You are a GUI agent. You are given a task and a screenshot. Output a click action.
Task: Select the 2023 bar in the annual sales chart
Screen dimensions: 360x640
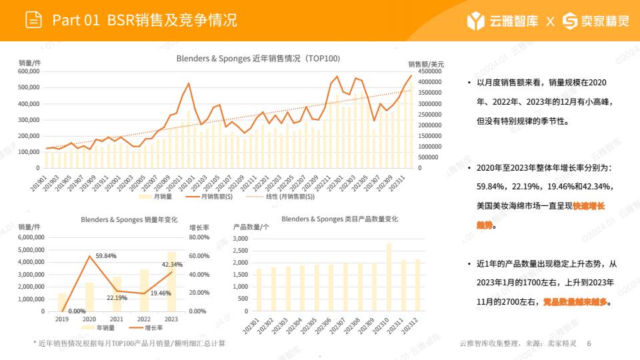coord(171,281)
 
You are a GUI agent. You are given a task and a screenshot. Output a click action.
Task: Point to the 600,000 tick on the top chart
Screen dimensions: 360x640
coord(32,71)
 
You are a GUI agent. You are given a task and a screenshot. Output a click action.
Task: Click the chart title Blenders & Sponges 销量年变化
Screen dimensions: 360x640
coord(129,219)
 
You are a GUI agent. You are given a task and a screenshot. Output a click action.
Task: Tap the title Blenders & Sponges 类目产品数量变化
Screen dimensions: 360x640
coord(340,219)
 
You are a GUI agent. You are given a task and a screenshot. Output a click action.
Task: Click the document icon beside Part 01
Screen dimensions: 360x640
coord(33,20)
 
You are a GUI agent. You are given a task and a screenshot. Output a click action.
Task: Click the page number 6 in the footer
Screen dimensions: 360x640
coord(589,343)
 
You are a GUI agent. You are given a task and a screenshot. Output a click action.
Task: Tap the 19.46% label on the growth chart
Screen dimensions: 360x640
coord(159,293)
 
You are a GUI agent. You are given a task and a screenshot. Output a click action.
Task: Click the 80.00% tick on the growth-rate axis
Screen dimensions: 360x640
coord(200,237)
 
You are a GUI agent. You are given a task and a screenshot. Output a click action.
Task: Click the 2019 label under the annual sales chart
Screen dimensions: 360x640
coord(62,319)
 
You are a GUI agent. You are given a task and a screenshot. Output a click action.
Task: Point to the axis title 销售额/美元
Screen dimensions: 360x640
coord(426,63)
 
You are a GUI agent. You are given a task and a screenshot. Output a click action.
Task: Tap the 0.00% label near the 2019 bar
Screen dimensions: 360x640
coord(77,311)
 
